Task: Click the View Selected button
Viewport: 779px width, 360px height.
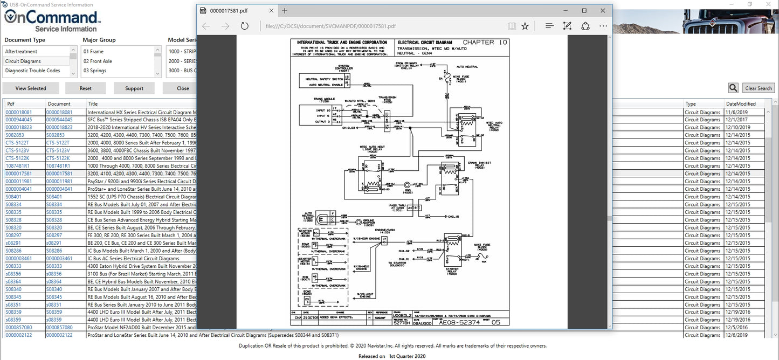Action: (31, 88)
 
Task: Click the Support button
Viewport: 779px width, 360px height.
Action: (134, 88)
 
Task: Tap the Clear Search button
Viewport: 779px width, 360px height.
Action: (758, 88)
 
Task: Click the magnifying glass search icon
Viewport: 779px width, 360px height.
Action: (733, 88)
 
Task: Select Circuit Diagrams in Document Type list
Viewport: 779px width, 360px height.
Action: (23, 61)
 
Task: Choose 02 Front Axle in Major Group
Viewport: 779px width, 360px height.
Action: (98, 61)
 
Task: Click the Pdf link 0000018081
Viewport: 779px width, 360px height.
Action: (19, 112)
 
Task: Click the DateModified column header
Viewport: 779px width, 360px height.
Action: (741, 103)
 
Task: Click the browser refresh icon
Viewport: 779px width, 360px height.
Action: (244, 26)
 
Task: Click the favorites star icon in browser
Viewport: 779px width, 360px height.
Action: (525, 26)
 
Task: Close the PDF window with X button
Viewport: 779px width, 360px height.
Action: (602, 10)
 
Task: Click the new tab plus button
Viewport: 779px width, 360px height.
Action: (285, 10)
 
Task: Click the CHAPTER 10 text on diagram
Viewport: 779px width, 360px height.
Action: (485, 43)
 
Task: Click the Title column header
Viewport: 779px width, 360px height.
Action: (93, 103)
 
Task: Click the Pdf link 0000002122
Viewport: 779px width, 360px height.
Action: (19, 335)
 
